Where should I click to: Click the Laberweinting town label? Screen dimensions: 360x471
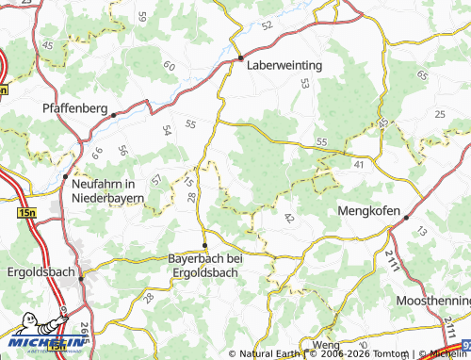click(x=284, y=66)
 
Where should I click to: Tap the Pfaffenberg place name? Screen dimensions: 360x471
click(x=75, y=108)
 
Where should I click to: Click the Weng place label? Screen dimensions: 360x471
click(x=326, y=346)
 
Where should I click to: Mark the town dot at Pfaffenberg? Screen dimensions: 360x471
click(x=113, y=116)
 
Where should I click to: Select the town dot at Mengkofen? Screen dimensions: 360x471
click(x=406, y=217)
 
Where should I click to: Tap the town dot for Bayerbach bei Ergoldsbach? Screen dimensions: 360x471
click(x=205, y=244)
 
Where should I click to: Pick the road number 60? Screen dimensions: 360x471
click(x=169, y=66)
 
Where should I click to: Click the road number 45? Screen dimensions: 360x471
click(x=48, y=44)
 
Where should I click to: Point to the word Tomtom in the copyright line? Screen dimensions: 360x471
click(x=386, y=354)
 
